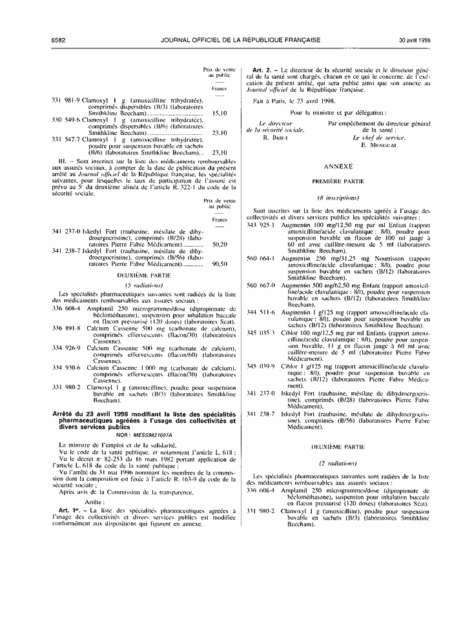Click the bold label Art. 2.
(x=260, y=69)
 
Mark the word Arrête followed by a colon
(x=95, y=501)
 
